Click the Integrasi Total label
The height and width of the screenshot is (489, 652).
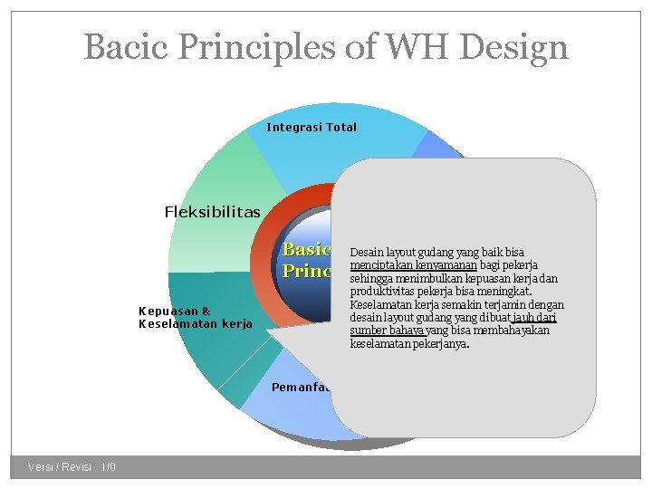[x=312, y=128]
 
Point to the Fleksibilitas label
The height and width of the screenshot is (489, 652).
[x=212, y=212]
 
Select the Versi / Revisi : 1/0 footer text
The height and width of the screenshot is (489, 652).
[x=72, y=467]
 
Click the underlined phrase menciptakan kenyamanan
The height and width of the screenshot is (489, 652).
[x=405, y=265]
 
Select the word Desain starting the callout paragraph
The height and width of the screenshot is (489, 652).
[x=367, y=253]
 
